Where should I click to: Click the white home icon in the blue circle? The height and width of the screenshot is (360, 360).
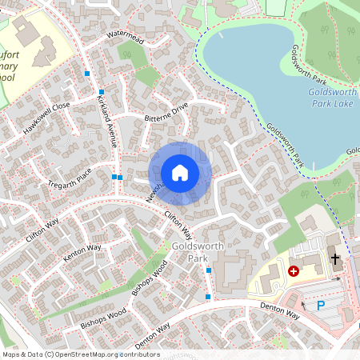[180, 173]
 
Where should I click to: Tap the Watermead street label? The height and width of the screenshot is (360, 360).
[123, 38]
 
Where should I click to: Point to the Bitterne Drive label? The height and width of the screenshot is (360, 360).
[166, 111]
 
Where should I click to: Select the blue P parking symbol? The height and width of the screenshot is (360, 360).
[321, 305]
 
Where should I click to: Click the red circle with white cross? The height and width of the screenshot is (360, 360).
[294, 272]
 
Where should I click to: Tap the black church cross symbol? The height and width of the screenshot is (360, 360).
[335, 261]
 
